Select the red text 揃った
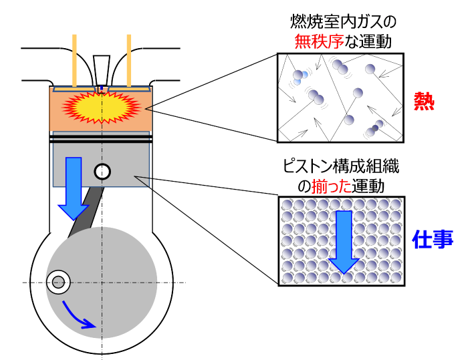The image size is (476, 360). tap(327, 182)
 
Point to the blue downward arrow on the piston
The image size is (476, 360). tap(72, 188)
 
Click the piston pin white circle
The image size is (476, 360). tap(102, 172)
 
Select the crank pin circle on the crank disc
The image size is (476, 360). tap(57, 282)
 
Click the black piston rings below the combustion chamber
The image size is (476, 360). tap(100, 137)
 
